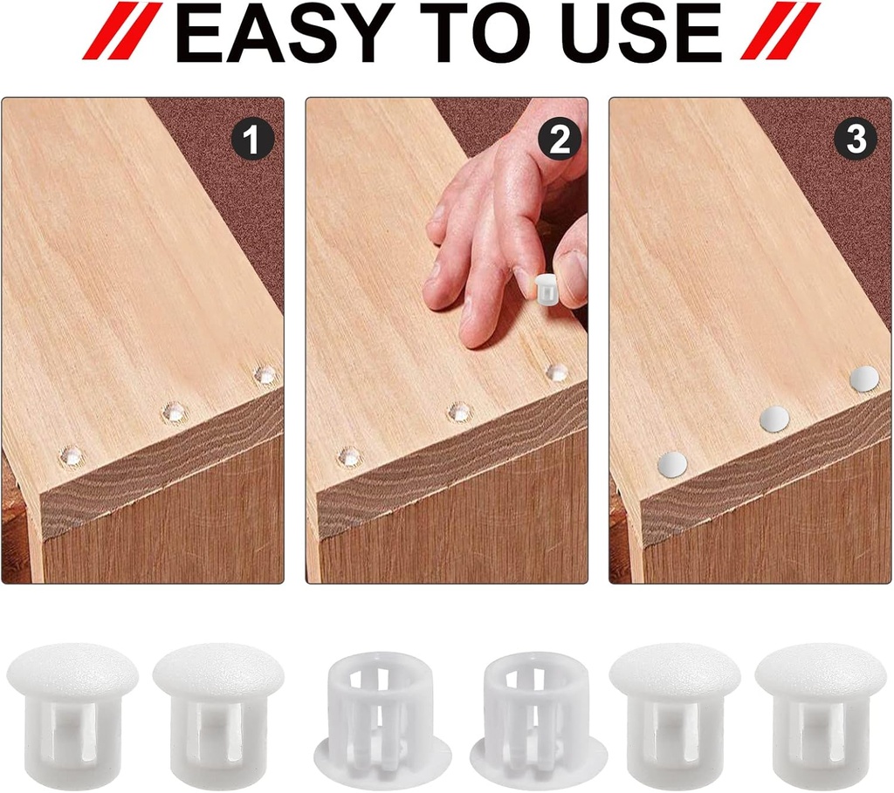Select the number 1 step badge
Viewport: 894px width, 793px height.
coord(252,139)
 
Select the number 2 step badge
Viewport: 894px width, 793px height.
coord(560,139)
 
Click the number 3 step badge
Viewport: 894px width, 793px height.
coord(856,139)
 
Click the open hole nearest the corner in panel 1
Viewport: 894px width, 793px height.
coord(72,455)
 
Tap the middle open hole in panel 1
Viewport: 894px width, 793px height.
coord(174,412)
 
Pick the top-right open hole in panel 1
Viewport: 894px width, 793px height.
coord(265,374)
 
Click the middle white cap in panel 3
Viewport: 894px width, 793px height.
coord(774,420)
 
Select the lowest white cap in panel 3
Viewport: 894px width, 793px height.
coord(672,464)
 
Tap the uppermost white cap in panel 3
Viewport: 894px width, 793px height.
coord(864,379)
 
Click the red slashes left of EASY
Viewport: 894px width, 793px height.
coord(122,31)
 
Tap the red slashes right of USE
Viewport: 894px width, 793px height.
coord(781,31)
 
